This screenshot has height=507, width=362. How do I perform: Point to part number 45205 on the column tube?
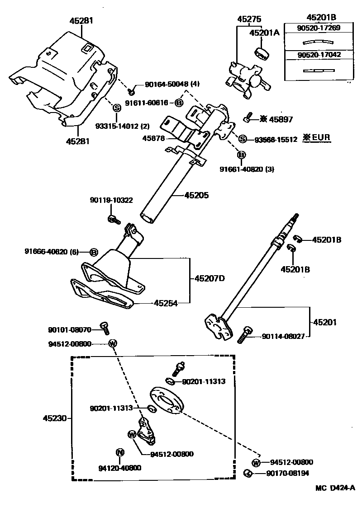coord(197,196)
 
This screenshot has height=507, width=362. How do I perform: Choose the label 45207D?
coord(210,278)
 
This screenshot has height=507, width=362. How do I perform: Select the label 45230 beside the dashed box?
coord(53,418)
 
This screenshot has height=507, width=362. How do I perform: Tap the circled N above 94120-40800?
coord(120,452)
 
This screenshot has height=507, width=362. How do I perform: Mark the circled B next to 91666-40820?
coord(94,252)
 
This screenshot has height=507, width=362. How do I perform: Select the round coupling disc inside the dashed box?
coord(166,400)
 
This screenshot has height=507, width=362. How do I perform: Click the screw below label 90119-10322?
coord(113,220)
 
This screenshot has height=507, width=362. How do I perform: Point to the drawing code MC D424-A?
coord(335,488)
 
